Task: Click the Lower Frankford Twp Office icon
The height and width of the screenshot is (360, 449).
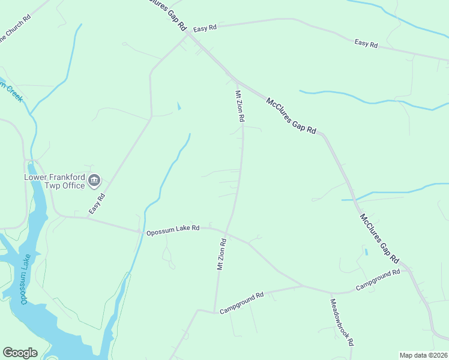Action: (x=94, y=180)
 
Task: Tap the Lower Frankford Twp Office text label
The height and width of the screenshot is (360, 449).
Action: (x=54, y=181)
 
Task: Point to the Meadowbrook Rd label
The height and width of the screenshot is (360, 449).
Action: (x=340, y=322)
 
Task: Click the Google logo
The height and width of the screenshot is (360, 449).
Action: (x=20, y=353)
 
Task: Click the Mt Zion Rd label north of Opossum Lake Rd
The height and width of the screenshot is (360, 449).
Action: (x=240, y=107)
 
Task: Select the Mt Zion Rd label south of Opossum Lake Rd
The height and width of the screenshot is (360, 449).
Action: (x=221, y=254)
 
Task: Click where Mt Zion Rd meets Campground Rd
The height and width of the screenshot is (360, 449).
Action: (x=214, y=311)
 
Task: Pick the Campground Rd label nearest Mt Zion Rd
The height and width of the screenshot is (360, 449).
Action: (x=242, y=304)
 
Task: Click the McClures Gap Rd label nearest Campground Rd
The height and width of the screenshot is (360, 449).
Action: (x=379, y=238)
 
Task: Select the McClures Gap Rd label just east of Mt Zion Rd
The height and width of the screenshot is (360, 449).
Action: (x=291, y=116)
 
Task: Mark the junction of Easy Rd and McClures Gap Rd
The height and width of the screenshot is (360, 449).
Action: (x=188, y=34)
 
